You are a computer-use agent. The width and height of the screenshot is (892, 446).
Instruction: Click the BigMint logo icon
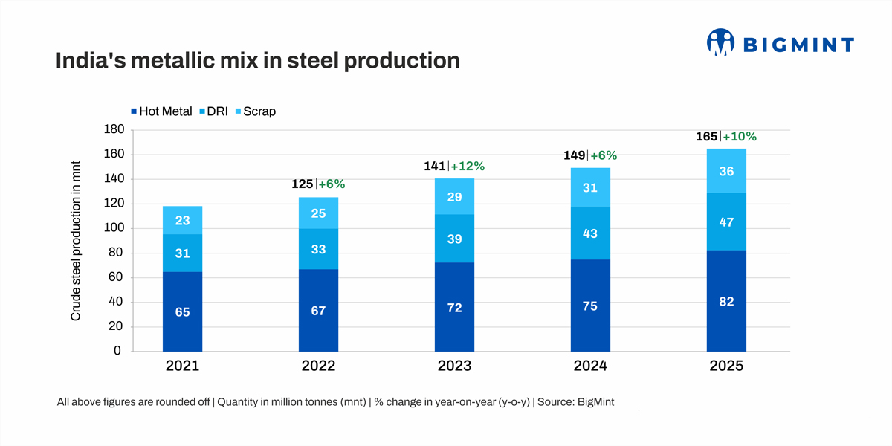720,42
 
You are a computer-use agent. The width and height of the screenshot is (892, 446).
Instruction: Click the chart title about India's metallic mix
257,61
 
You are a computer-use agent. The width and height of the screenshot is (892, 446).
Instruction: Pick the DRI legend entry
214,111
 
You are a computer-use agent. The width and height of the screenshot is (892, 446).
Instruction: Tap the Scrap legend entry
255,111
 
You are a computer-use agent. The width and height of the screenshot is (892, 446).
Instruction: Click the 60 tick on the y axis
115,277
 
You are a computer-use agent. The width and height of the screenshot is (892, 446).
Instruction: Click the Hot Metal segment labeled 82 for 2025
726,301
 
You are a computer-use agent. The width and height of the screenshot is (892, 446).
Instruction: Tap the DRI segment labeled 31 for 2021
182,253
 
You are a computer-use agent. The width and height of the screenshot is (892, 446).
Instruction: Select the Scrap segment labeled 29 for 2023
454,196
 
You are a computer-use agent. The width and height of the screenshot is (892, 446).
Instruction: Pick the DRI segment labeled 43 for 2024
590,233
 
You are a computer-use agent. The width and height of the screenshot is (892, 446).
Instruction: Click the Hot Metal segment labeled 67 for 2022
318,311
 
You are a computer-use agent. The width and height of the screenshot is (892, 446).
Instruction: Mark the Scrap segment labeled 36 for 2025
726,171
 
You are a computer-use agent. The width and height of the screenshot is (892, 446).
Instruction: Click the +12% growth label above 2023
468,167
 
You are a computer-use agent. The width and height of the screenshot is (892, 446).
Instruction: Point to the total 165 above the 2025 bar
706,137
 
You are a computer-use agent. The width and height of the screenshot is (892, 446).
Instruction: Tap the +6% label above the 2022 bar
332,184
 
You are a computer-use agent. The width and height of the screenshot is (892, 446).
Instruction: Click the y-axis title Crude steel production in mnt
76,241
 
